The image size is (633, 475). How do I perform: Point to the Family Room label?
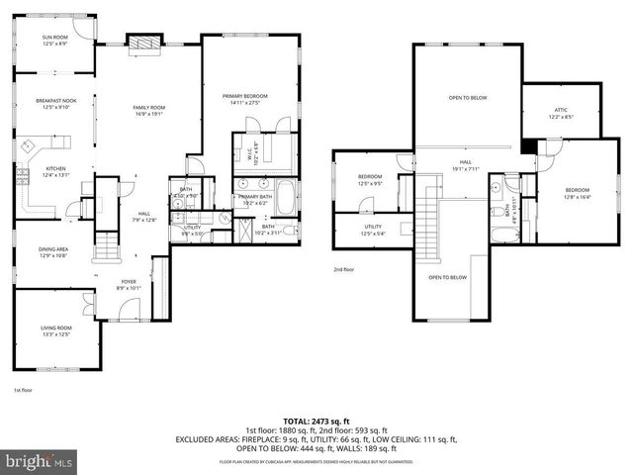pos(149,110)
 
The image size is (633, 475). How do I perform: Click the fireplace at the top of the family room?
pos(142,42)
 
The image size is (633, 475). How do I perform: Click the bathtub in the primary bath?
pos(286,197)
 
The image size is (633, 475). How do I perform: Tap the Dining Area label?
pos(53,252)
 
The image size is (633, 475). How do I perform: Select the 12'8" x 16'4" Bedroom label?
pos(577,192)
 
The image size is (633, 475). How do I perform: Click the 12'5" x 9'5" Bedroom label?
pos(369,180)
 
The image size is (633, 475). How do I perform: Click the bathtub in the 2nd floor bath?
pos(503,235)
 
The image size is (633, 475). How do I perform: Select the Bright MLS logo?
pos(40,461)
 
